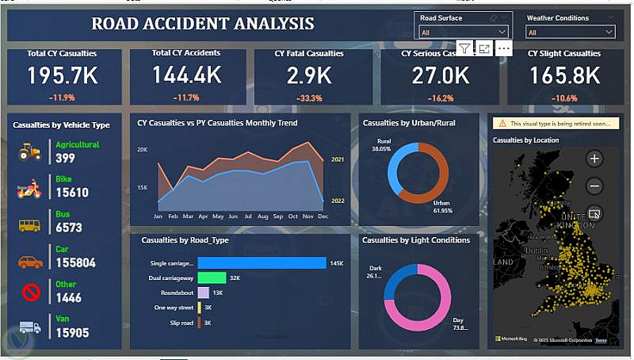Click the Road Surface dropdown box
click(464, 32)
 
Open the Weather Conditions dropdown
click(570, 32)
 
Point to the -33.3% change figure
click(308, 98)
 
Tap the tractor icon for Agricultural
click(29, 151)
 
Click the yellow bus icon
click(29, 225)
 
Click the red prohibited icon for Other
click(30, 293)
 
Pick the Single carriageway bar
click(262, 263)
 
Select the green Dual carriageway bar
click(212, 278)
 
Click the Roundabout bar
click(203, 293)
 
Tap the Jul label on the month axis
click(247, 216)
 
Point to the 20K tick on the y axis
click(143, 149)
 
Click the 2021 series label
click(337, 159)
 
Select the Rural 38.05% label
click(382, 144)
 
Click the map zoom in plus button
click(595, 159)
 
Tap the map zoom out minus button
click(595, 186)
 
